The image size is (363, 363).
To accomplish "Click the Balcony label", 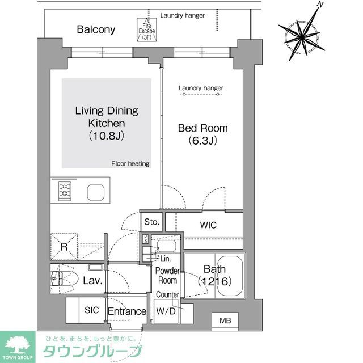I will point(96,29).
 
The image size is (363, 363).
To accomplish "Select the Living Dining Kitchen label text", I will point(107,123).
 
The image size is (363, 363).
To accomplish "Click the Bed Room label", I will point(199,134).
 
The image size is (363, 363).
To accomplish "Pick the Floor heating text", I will point(130,164).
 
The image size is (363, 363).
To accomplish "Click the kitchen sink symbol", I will point(95,192).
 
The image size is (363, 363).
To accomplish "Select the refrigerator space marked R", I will point(65,247).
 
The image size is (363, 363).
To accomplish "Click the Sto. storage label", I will point(151,222).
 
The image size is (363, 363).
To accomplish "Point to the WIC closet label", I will point(208,225).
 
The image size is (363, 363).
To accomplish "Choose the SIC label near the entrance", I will point(92,311).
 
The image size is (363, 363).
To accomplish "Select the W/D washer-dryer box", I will point(166,311).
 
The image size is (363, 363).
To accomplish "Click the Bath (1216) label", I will point(213,276).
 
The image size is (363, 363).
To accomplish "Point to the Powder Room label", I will point(167,276).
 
